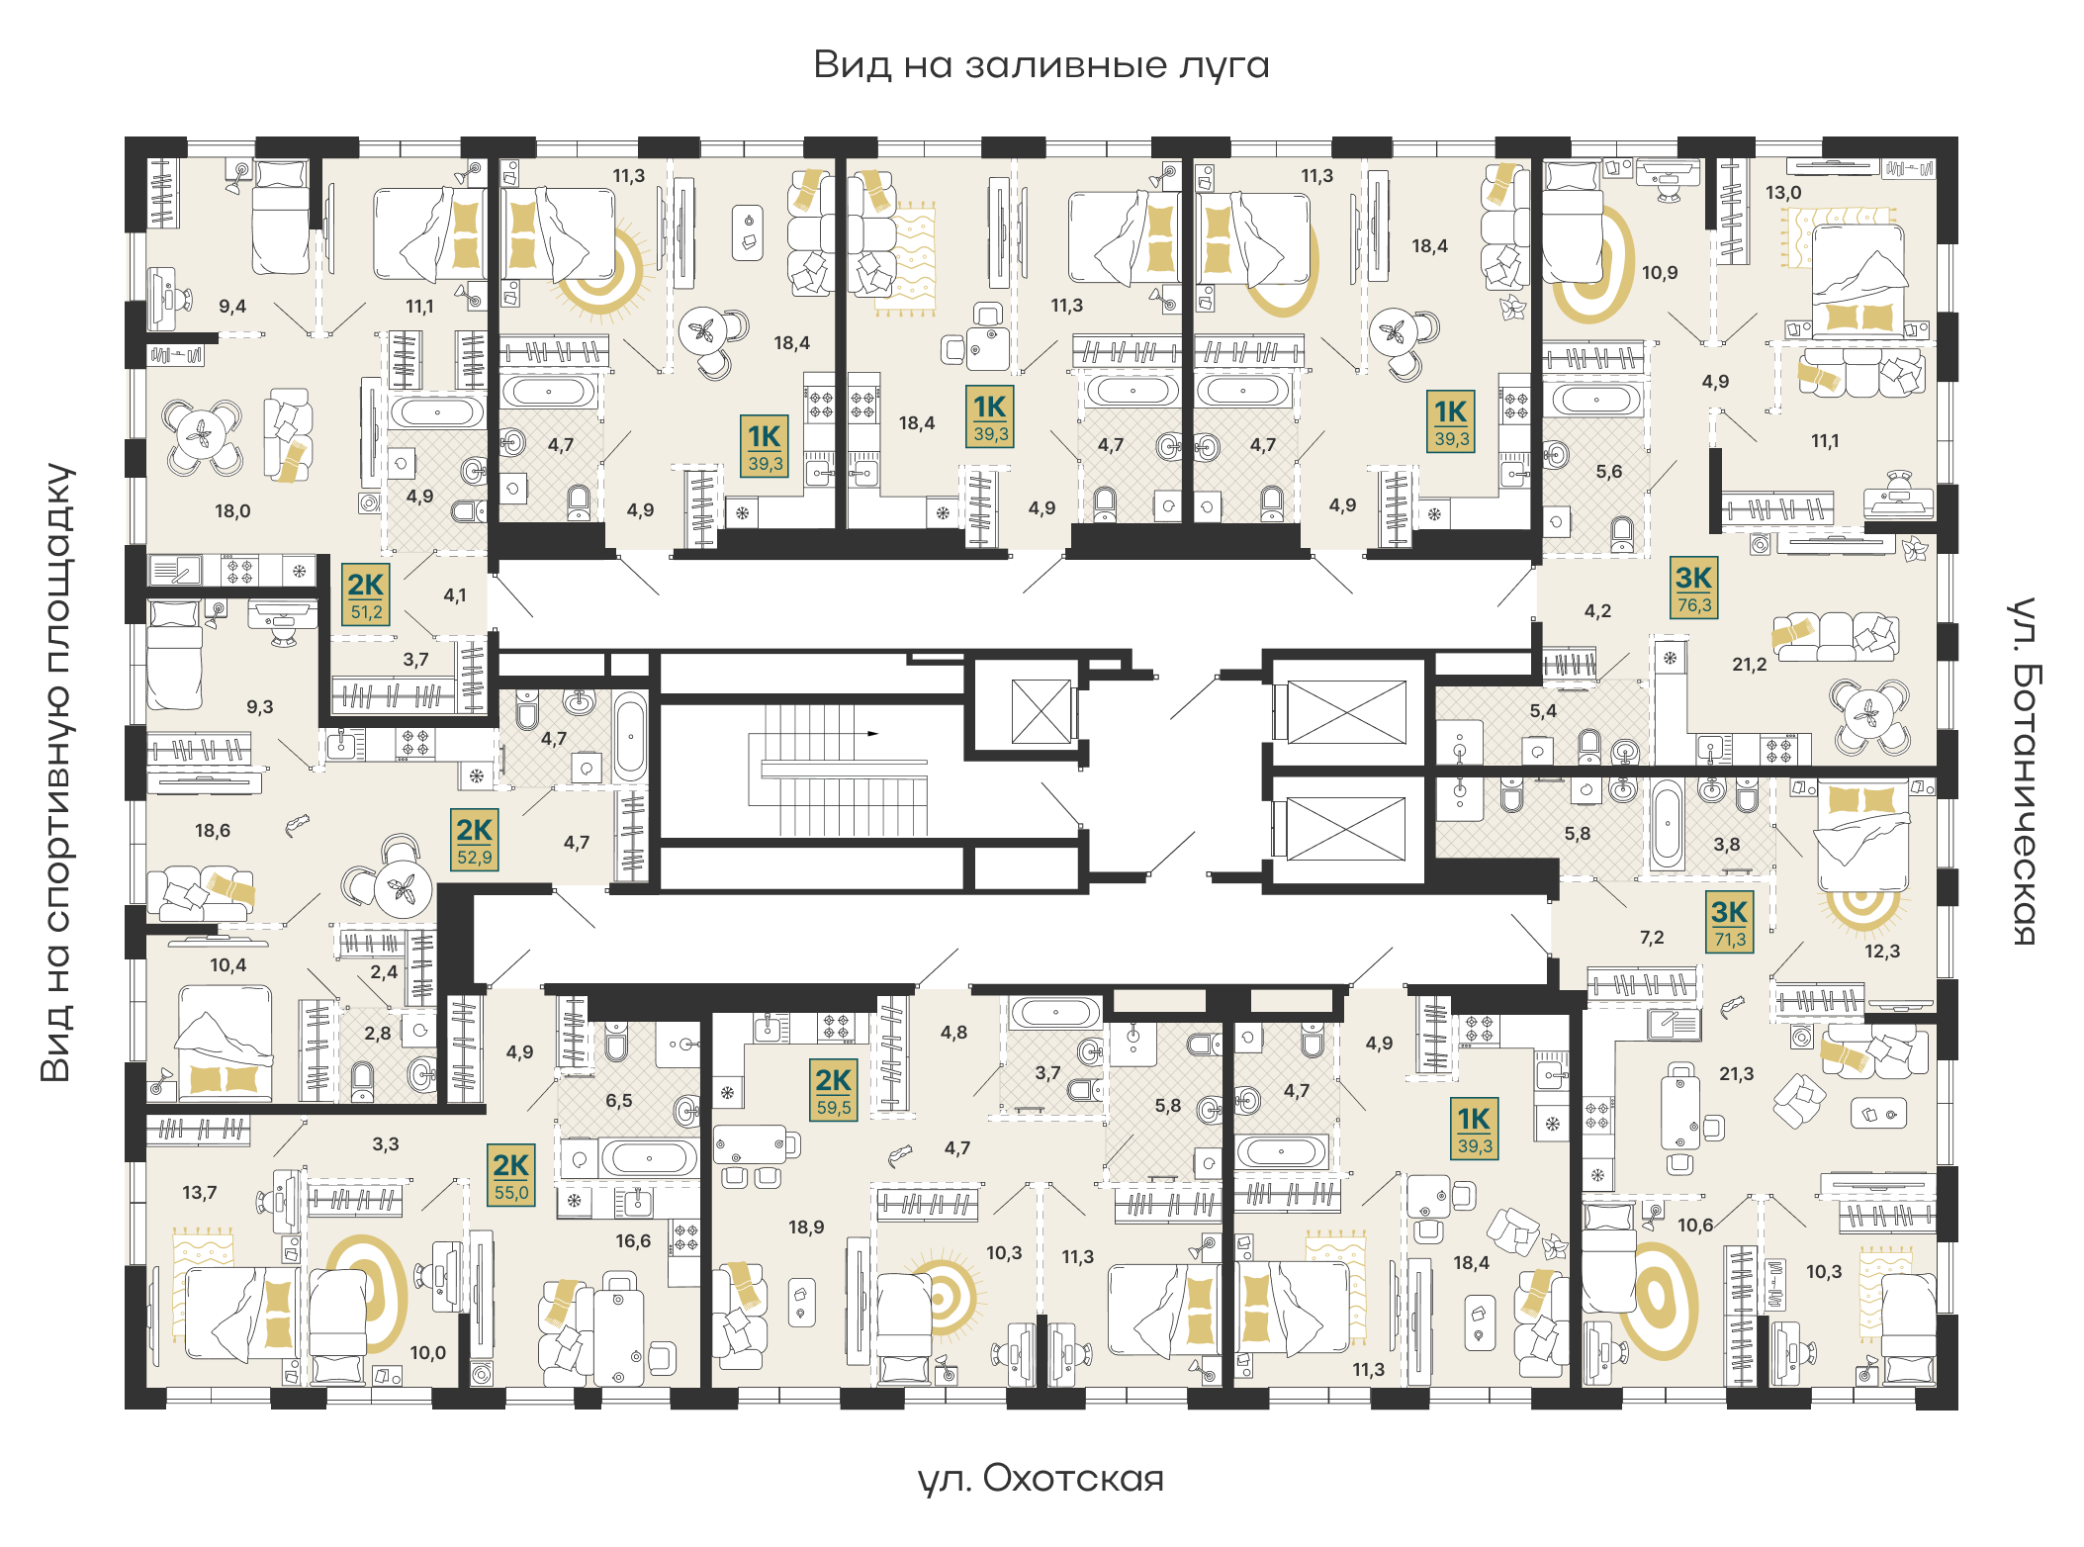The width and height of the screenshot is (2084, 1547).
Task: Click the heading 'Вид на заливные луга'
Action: point(1042,65)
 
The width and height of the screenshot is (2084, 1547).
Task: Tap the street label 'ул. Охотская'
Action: point(1041,1479)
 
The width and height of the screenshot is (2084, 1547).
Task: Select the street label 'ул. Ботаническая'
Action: point(2025,772)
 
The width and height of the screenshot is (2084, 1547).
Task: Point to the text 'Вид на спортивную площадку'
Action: point(57,773)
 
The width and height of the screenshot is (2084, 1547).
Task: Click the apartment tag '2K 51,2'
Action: point(366,594)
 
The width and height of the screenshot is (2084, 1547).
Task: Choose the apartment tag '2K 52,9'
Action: point(475,841)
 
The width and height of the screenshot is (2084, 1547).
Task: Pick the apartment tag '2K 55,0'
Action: point(511,1175)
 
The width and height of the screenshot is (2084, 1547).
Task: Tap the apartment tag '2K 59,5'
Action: point(834,1090)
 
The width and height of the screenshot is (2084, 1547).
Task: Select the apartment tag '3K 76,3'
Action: point(1694,588)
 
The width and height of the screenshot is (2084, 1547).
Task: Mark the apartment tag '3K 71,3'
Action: point(1730,923)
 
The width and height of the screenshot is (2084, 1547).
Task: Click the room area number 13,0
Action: point(1783,193)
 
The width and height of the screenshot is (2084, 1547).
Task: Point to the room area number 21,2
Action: point(1750,665)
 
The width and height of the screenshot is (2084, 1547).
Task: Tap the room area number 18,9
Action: point(806,1228)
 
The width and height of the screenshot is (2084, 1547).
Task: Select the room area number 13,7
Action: point(200,1193)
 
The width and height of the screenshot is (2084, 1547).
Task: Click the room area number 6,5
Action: point(619,1101)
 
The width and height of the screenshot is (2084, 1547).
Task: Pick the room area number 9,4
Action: point(232,307)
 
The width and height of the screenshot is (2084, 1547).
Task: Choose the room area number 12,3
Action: point(1882,952)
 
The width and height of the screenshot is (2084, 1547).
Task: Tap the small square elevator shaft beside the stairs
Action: point(1042,711)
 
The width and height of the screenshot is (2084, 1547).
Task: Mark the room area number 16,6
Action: point(633,1241)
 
